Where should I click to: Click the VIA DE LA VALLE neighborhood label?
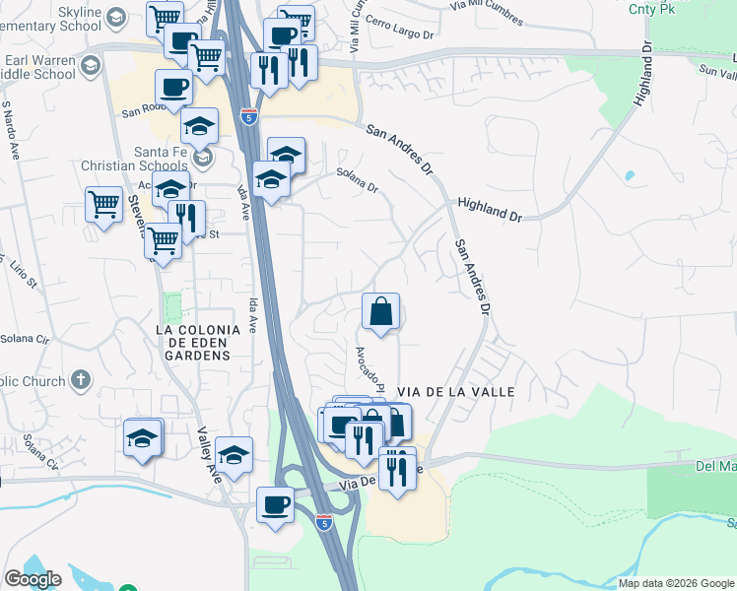455,392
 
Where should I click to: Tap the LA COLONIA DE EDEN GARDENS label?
198,342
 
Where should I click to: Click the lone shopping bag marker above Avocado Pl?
380,313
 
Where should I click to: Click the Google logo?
33,579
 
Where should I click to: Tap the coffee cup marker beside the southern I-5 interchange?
275,505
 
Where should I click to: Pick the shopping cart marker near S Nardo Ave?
103,206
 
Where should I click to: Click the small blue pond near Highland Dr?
630,176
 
